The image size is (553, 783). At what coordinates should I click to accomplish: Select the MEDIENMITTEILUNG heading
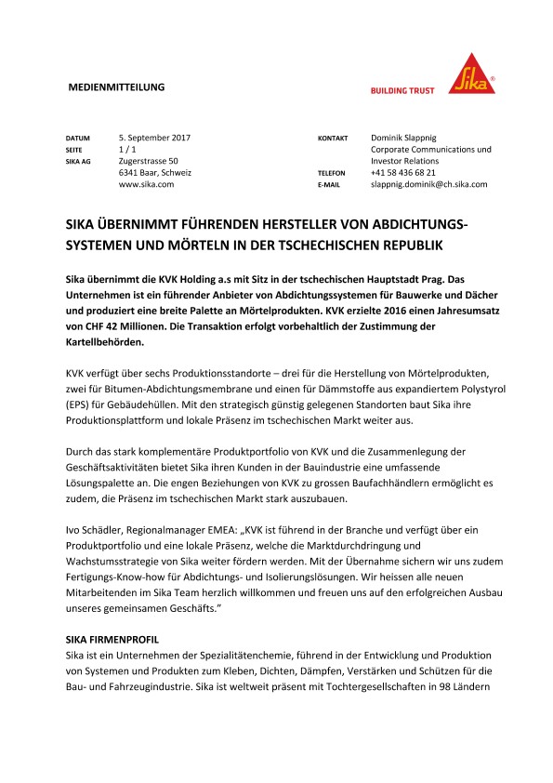tap(117, 86)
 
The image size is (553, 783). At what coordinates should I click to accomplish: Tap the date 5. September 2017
tap(154, 138)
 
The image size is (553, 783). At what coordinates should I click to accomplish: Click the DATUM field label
tap(77, 139)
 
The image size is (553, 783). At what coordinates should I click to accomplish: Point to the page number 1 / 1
tap(128, 150)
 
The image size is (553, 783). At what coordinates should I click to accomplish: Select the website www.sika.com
tap(147, 185)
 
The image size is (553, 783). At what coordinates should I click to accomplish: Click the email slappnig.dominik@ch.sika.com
tap(428, 185)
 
